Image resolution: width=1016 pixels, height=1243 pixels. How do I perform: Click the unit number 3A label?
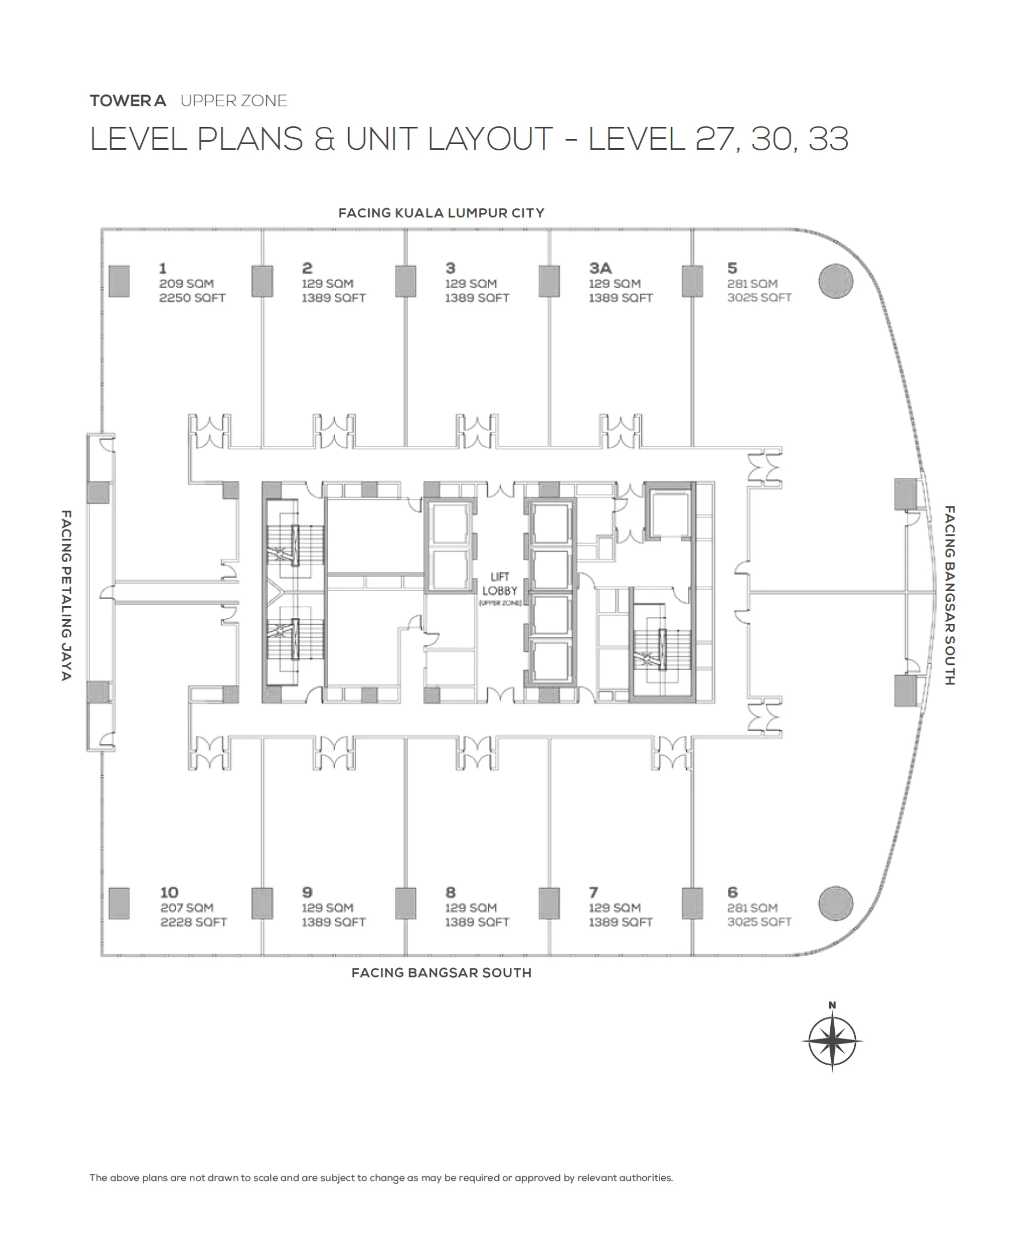(x=600, y=268)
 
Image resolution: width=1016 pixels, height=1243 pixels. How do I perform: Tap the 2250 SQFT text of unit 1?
(x=192, y=297)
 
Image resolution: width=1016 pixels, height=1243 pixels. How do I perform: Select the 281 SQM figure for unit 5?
(x=752, y=284)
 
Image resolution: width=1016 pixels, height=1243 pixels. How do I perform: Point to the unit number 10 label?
(x=169, y=893)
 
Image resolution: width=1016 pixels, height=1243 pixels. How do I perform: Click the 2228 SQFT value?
(x=193, y=922)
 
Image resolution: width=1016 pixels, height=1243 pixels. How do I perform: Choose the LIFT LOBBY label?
(x=499, y=584)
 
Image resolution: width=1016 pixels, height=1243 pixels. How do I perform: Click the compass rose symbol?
(x=831, y=1042)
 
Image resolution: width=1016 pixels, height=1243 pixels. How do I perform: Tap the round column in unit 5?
(x=835, y=281)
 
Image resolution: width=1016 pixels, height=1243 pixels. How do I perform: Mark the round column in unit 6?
(x=835, y=903)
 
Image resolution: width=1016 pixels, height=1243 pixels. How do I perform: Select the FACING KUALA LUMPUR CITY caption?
(x=441, y=213)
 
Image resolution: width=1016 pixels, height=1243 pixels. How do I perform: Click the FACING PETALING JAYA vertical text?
(x=66, y=595)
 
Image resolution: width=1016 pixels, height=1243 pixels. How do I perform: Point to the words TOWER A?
(x=127, y=101)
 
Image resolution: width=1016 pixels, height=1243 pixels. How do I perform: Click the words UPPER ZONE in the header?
(x=234, y=101)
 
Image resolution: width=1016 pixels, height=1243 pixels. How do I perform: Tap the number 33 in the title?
(x=827, y=140)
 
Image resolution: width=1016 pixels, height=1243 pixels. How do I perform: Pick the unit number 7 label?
(x=594, y=893)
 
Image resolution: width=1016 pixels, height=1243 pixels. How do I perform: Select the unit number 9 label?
(x=307, y=893)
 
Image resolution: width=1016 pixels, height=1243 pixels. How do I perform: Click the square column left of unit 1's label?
(x=119, y=281)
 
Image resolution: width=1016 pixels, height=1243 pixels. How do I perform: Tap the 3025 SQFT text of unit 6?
(x=759, y=922)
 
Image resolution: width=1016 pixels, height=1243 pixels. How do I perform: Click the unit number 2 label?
(x=307, y=268)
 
